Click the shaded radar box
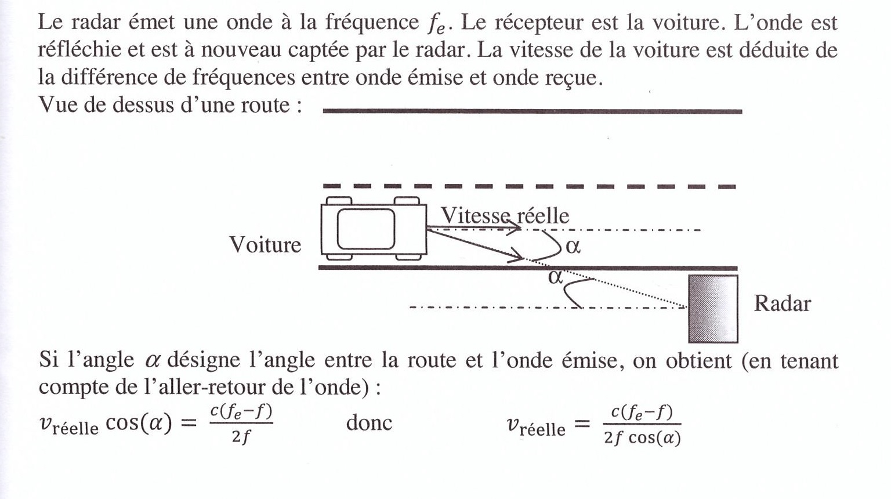(x=713, y=309)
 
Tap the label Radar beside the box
(x=782, y=303)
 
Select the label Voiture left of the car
(x=265, y=244)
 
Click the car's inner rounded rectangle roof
(x=366, y=229)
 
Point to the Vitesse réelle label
(x=505, y=215)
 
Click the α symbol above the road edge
(x=573, y=246)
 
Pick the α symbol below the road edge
(x=555, y=277)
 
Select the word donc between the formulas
(x=369, y=422)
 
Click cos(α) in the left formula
(x=139, y=422)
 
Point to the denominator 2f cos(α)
(x=642, y=437)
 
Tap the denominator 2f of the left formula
(x=241, y=436)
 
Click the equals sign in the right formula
(x=582, y=424)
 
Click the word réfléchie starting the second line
(x=79, y=50)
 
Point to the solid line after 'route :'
(x=532, y=111)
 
